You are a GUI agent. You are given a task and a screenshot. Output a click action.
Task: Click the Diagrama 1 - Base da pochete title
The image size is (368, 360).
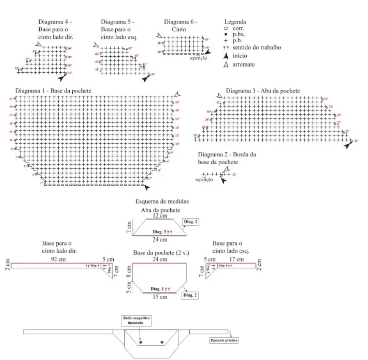(x=53, y=91)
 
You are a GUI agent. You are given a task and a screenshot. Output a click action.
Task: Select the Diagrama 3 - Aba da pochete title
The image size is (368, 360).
(x=263, y=91)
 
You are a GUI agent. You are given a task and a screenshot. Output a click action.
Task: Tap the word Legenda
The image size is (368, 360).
(x=235, y=22)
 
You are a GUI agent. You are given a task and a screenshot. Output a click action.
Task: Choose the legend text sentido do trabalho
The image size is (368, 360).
(x=256, y=47)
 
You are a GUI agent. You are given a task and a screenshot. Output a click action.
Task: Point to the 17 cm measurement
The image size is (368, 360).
(x=237, y=259)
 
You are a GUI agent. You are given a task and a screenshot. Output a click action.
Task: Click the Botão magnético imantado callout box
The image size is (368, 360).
(x=136, y=320)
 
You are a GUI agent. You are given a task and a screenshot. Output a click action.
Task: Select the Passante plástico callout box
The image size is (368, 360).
(x=224, y=340)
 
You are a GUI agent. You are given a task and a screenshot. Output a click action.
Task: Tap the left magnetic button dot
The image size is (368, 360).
(x=141, y=342)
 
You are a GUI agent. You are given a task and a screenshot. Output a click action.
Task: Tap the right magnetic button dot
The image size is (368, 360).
(x=162, y=342)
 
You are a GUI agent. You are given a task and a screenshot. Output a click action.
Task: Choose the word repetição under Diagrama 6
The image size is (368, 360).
(x=198, y=59)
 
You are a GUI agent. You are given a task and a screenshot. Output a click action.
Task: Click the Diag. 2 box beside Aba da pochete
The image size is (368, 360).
(x=190, y=222)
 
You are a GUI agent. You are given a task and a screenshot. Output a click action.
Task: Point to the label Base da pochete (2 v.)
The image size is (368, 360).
(x=161, y=253)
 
